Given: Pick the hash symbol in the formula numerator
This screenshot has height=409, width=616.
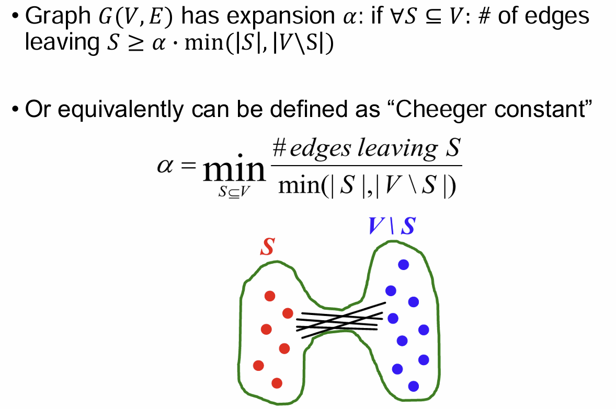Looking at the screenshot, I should [x=279, y=150].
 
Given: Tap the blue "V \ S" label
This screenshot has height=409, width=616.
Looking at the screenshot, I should [x=392, y=226].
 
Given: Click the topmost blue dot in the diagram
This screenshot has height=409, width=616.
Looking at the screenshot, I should [x=403, y=265].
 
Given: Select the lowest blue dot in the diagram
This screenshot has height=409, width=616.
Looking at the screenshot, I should [x=414, y=387].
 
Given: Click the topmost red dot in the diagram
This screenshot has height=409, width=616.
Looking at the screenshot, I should [x=270, y=296].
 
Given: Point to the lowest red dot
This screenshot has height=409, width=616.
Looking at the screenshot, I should [x=277, y=383].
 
